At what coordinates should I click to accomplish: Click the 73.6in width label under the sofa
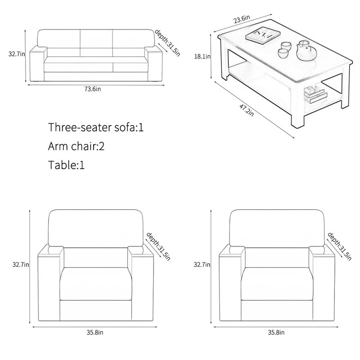[x=93, y=89]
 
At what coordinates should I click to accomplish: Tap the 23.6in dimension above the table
[x=242, y=19]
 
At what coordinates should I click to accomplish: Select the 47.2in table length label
[x=247, y=110]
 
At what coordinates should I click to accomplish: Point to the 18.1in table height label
[x=202, y=56]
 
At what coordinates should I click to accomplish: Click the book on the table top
[x=263, y=35]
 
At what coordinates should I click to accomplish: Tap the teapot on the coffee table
[x=306, y=51]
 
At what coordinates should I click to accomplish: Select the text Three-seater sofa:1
[x=96, y=127]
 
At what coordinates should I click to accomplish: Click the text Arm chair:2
[x=76, y=146]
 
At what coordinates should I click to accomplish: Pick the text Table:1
[x=66, y=165]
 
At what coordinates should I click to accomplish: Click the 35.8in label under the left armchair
[x=95, y=333]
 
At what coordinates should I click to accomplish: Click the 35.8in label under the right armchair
[x=276, y=333]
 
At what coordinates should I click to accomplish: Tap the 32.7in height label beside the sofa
[x=17, y=54]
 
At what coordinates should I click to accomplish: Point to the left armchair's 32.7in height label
[x=21, y=265]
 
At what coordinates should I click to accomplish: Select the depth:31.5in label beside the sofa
[x=167, y=43]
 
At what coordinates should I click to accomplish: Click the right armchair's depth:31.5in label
[x=340, y=246]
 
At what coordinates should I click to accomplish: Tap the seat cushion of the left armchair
[x=96, y=284]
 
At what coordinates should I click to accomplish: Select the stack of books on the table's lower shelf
[x=315, y=94]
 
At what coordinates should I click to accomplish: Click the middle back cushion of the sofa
[x=96, y=43]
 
